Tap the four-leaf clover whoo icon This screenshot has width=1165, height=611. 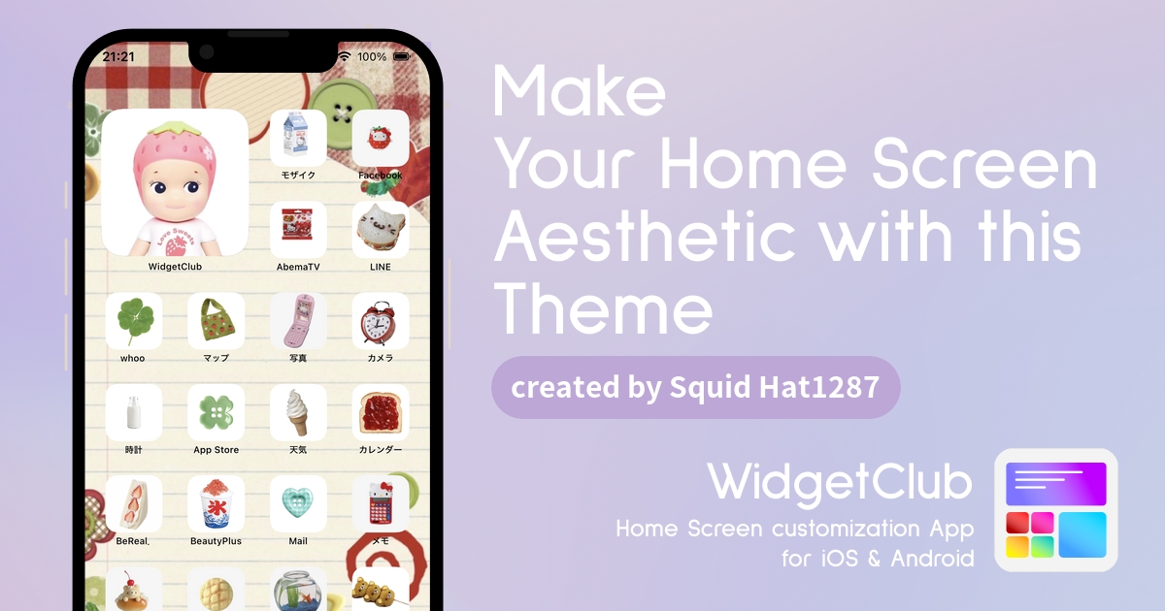coord(134,321)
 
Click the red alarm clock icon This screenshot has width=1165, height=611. coord(381,321)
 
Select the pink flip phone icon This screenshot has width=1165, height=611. coord(298,321)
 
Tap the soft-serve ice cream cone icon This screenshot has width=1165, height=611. coord(298,412)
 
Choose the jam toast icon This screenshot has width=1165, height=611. coord(381,412)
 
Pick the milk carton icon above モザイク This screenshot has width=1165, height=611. coord(298,138)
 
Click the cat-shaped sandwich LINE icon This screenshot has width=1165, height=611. coord(381,230)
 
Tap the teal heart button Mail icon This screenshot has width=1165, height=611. coord(298,503)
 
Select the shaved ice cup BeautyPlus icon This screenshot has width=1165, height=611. coord(216,503)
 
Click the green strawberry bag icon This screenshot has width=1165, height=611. coord(216,321)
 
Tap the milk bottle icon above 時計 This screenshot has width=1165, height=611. coord(134,412)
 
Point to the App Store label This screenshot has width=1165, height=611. coord(216,450)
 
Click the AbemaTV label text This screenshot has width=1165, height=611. coord(298,267)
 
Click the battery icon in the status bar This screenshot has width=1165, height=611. coord(402,56)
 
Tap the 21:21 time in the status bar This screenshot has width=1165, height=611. coord(118,56)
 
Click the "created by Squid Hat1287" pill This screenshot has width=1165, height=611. coord(696,388)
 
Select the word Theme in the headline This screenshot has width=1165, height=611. coord(603,309)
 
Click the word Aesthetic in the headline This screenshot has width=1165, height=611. coord(645,237)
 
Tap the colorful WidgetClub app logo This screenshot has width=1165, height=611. coord(1056,510)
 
